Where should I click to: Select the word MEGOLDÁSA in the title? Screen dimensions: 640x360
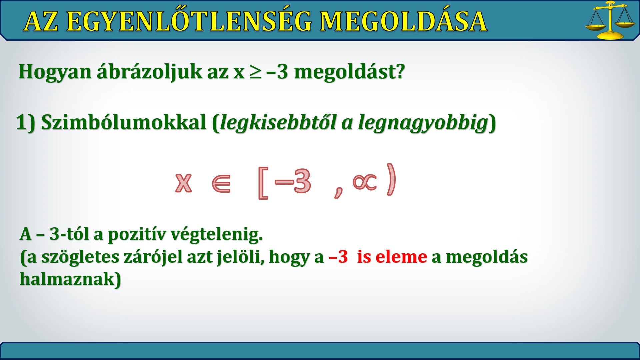pos(403,21)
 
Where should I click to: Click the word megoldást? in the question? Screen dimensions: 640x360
pos(350,71)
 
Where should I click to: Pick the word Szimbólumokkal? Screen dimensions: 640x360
pos(124,122)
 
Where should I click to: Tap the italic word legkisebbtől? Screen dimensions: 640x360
pos(278,123)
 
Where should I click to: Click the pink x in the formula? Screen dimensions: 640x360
pos(184,183)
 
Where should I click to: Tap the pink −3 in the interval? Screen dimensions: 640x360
pos(293,181)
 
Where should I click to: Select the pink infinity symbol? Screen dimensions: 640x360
pos(365,182)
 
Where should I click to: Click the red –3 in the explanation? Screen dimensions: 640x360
pos(338,257)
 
